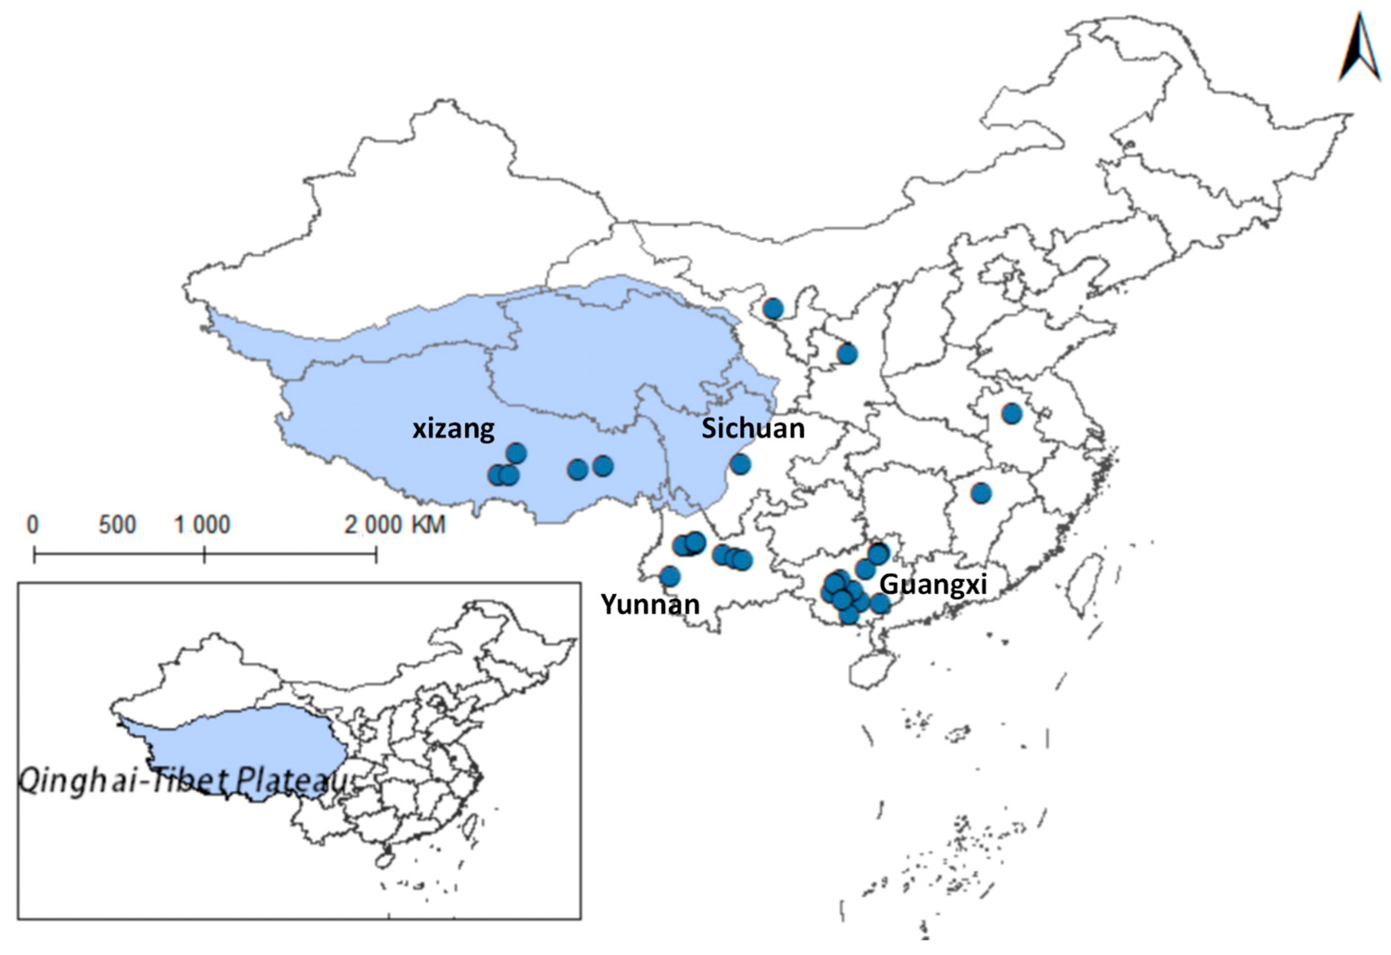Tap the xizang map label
453,428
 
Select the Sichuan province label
753,428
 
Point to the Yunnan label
651,605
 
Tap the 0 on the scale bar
33,525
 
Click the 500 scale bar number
118,525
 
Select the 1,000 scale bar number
202,525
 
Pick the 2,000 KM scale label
395,525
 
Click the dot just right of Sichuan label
740,464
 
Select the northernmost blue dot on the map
773,309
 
